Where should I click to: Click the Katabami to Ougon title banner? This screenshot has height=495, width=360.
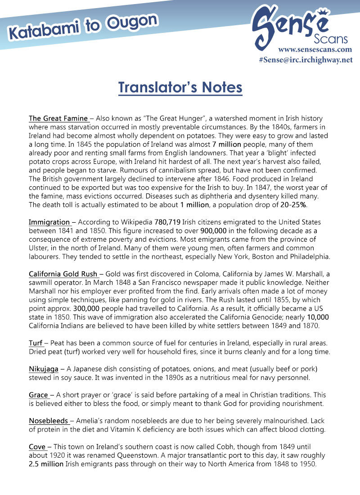(83, 26)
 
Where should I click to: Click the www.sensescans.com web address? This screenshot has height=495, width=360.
(315, 49)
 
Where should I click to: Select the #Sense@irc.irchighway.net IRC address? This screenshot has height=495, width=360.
(306, 60)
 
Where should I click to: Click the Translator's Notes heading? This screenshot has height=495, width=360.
(180, 87)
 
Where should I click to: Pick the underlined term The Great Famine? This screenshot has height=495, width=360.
(58, 119)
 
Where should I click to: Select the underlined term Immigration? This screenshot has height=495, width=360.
(49, 222)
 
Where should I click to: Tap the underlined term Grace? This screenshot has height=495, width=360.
(39, 395)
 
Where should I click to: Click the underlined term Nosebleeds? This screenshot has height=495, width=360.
(49, 421)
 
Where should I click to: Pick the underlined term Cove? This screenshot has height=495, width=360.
(38, 447)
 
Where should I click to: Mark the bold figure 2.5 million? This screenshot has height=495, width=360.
(46, 464)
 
